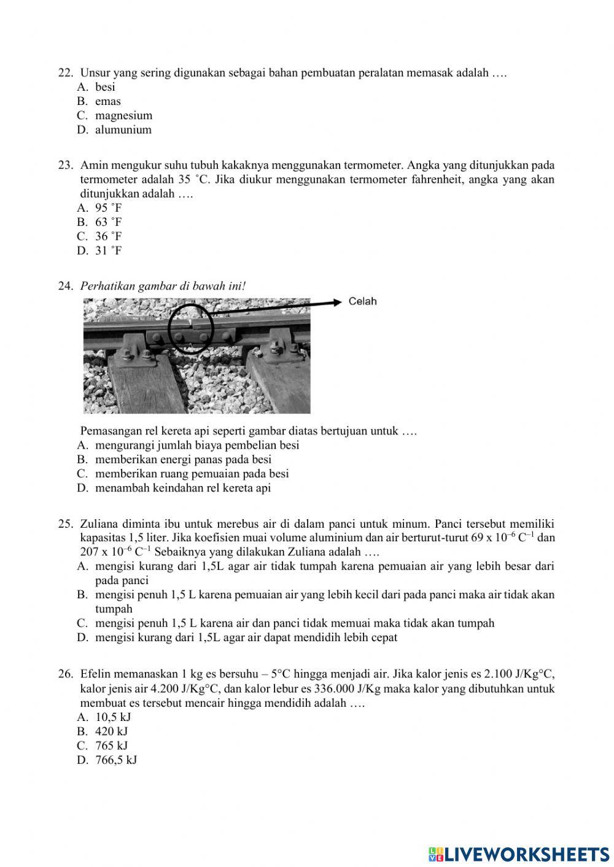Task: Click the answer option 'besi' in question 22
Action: pos(105,87)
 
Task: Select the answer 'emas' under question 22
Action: pos(107,101)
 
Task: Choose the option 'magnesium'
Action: pos(123,115)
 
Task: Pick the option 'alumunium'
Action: pos(123,129)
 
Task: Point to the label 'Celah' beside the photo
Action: pos(362,301)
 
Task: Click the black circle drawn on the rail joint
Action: pos(190,329)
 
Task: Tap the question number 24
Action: pos(65,286)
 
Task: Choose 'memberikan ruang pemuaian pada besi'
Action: pos(192,474)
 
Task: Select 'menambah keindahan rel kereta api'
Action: pos(182,488)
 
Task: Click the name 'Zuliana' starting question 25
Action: pos(99,523)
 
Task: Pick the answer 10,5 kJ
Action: pos(113,717)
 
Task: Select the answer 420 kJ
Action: pos(111,731)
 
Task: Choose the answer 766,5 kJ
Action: pos(116,760)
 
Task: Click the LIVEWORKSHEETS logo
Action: pos(519,854)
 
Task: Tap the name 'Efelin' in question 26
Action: pos(96,674)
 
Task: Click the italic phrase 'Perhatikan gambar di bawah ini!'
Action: pos(163,286)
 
